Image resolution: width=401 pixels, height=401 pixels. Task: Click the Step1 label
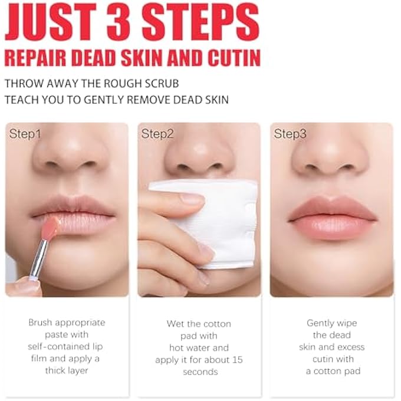(25, 134)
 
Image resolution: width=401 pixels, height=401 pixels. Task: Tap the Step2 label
(157, 134)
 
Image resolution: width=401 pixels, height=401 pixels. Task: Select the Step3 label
(290, 134)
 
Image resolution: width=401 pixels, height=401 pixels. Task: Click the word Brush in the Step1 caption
(41, 323)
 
